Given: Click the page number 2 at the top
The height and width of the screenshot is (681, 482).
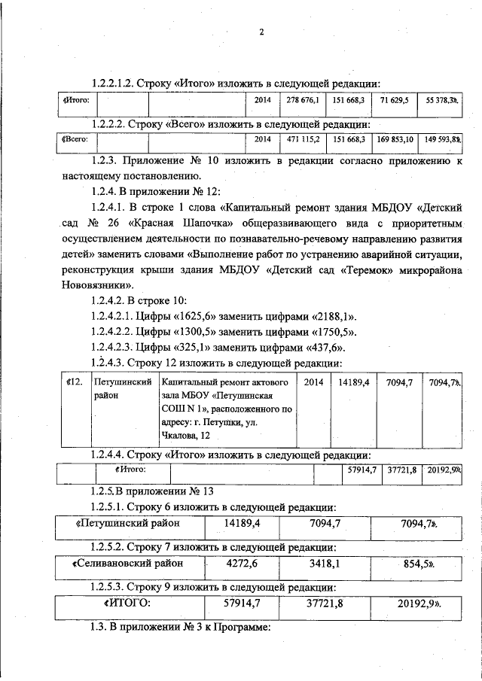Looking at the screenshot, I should (x=261, y=32).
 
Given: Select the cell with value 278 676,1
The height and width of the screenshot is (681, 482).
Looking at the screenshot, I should (x=303, y=99).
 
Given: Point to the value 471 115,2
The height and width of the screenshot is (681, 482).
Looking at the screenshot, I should (x=303, y=140).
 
